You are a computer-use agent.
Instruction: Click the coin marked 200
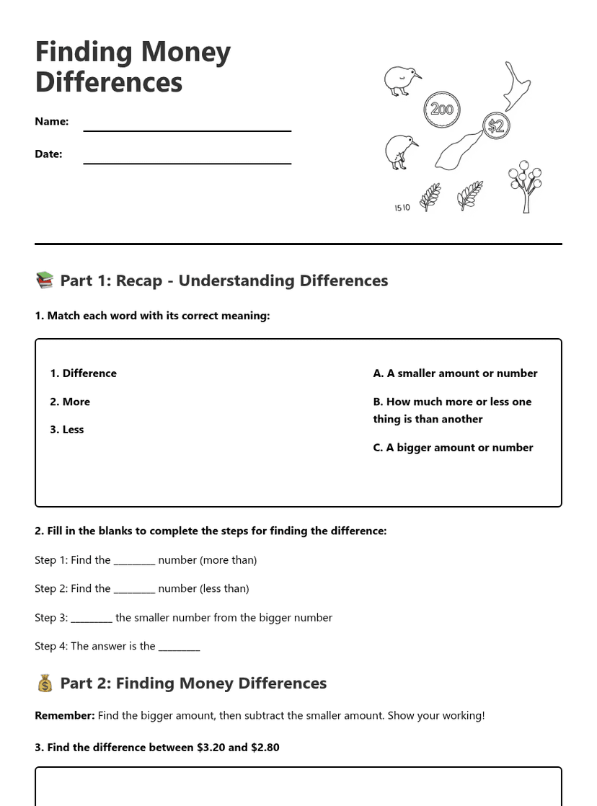click(x=441, y=110)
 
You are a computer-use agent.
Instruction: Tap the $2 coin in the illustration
click(x=495, y=127)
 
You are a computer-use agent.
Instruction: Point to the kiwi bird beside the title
click(x=401, y=80)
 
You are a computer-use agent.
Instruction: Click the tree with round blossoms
click(x=525, y=185)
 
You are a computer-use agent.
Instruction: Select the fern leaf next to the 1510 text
click(x=430, y=196)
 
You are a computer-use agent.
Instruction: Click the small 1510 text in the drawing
click(x=402, y=208)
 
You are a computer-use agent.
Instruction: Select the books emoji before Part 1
click(x=44, y=280)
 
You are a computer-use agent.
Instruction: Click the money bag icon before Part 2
click(x=44, y=683)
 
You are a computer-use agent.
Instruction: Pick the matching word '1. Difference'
click(x=83, y=373)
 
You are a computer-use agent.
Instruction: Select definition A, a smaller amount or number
click(x=455, y=373)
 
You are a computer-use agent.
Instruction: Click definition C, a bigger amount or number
click(x=453, y=448)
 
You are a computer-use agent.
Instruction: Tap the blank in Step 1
click(x=134, y=561)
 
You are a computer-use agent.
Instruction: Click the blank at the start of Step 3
click(x=92, y=619)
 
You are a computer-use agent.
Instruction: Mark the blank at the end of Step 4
click(x=179, y=647)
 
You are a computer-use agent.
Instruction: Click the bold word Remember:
click(x=64, y=715)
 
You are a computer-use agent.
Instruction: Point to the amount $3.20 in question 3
click(x=211, y=748)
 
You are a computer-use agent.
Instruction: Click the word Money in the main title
click(x=185, y=52)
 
